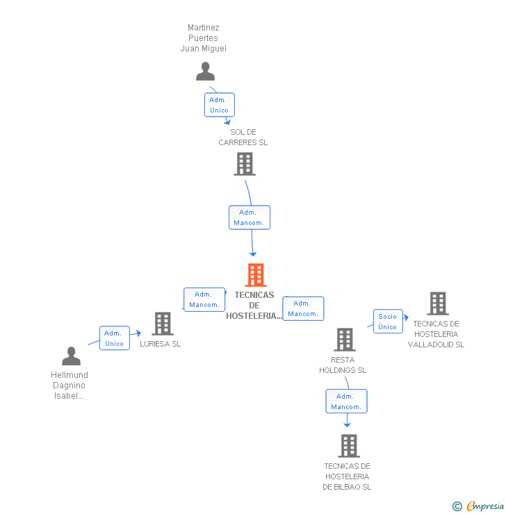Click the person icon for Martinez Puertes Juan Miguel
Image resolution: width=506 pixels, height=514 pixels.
point(205,72)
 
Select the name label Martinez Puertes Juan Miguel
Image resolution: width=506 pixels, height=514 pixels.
point(204,38)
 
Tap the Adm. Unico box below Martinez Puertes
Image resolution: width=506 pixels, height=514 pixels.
point(219,105)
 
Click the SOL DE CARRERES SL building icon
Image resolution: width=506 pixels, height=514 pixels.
point(244,164)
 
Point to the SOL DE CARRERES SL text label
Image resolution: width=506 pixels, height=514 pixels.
point(243,137)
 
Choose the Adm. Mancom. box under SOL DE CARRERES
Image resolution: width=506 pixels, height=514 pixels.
point(249,217)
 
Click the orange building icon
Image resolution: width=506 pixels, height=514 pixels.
point(255,275)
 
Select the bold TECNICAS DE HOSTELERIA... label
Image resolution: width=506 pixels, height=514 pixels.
point(254,305)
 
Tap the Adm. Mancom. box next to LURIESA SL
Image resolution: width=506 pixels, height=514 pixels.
point(204,299)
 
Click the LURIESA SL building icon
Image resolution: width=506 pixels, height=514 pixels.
point(162,324)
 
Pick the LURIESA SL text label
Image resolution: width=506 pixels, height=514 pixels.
point(160,344)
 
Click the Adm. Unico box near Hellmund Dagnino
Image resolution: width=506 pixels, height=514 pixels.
point(114,338)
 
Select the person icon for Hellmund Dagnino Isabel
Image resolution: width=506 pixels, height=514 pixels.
point(71,356)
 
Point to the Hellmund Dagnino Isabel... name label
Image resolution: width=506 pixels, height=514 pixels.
point(70,385)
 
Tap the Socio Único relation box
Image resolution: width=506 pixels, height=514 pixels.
point(388,321)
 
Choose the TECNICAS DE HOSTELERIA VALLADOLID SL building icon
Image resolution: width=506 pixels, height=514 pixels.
point(437,304)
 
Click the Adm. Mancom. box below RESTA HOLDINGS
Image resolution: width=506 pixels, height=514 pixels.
point(346,401)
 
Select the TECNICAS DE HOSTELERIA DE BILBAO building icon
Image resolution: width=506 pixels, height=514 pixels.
point(348,445)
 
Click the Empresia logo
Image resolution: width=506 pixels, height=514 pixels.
point(480,506)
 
